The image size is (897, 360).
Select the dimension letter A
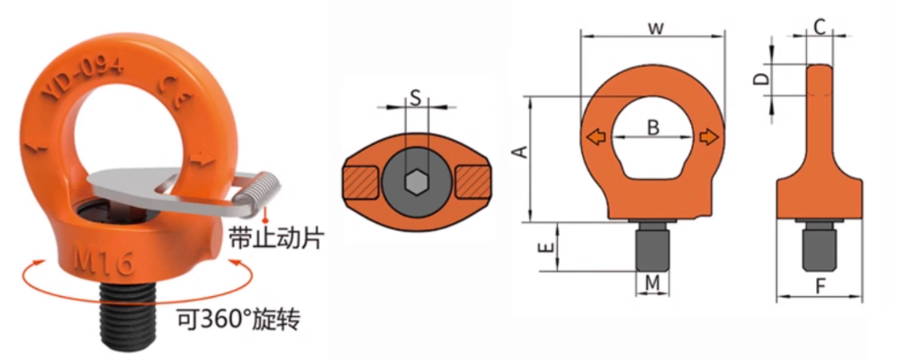[x=519, y=154]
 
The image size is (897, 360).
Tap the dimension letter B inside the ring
[x=653, y=128]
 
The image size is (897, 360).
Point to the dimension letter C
[x=820, y=28]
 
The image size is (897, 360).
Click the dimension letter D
[x=761, y=79]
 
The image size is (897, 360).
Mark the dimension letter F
[x=820, y=288]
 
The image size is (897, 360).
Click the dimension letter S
[x=415, y=97]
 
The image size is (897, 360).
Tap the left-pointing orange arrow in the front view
[x=594, y=137]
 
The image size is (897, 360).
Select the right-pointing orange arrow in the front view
[x=710, y=137]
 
